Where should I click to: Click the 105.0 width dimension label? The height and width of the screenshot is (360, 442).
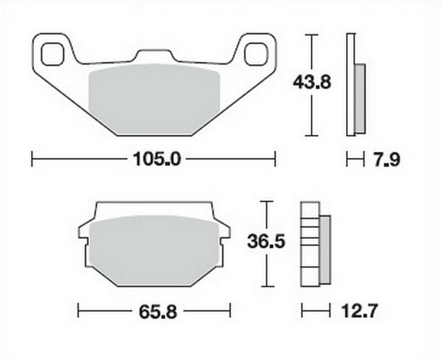157,159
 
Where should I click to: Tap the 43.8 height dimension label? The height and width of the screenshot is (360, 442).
311,82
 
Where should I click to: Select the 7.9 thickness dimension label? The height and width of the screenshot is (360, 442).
387,160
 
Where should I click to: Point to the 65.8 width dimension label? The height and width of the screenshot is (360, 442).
158,311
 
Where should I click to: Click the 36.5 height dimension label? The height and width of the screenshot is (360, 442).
266,242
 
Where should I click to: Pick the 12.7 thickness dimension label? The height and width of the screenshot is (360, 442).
359,311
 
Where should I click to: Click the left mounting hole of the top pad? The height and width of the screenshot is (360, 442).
53,54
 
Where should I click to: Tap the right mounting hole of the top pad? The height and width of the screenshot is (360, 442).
255,54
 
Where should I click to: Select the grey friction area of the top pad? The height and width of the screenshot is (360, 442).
154,99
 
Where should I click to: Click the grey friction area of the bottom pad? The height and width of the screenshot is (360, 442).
154,250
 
